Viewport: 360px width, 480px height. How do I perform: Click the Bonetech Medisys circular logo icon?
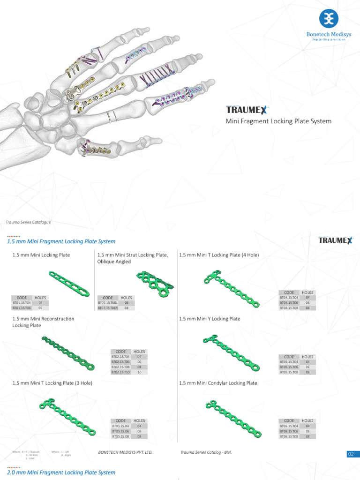point(329,18)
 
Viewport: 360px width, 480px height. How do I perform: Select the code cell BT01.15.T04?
point(22,303)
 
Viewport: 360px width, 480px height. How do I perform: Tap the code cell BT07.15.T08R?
point(108,308)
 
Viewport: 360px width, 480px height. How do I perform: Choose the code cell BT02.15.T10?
point(120,372)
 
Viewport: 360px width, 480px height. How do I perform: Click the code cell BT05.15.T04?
point(289,362)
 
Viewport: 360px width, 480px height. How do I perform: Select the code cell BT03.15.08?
point(120,436)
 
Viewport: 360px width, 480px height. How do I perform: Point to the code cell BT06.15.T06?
point(289,431)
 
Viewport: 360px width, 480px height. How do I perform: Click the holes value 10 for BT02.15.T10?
point(139,372)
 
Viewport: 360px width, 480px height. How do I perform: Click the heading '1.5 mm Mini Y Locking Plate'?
point(210,319)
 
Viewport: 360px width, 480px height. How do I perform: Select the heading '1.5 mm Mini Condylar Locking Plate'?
point(218,383)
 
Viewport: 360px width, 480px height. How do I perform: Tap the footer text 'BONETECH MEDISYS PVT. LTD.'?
point(125,453)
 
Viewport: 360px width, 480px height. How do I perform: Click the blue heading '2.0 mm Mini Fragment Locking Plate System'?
point(61,472)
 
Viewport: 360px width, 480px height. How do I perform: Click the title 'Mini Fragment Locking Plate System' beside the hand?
point(278,121)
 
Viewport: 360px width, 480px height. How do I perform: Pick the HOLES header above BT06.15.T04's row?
point(307,420)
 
